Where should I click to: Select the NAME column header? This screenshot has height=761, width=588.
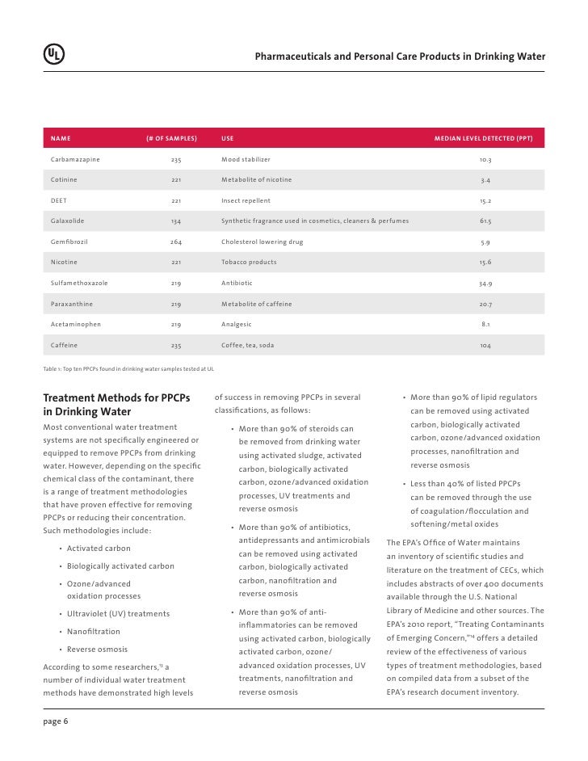point(61,139)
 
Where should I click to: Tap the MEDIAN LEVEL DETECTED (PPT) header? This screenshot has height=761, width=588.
point(489,139)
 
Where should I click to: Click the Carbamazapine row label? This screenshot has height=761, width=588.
point(75,160)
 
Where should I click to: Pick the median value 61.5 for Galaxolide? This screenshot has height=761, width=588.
point(485,221)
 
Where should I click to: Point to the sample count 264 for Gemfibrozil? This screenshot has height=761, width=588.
point(176,242)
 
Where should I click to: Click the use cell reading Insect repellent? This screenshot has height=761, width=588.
point(246,200)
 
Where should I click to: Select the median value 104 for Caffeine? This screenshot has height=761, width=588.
point(485,345)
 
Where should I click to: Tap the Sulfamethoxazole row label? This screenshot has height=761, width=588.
point(79,284)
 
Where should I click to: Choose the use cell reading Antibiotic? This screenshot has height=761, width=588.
point(237,284)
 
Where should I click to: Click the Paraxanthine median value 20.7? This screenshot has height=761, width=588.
point(485,304)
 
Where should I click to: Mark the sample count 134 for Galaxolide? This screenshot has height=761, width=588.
point(176,221)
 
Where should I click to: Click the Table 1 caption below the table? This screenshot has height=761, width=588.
point(128,368)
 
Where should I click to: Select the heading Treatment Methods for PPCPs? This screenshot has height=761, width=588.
point(116,398)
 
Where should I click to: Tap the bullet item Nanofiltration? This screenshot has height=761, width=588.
point(94,632)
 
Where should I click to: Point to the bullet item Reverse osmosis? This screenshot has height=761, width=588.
point(97,650)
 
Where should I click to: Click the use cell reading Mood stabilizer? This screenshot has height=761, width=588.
point(246,160)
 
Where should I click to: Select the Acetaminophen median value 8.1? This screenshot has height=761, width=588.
point(485,324)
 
